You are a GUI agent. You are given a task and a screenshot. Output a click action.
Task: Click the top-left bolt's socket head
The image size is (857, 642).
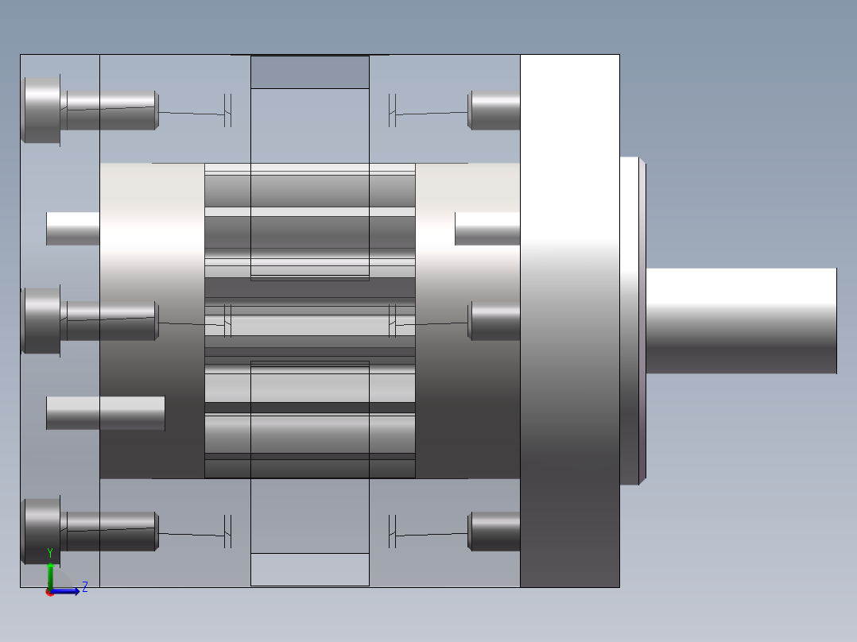click(41, 110)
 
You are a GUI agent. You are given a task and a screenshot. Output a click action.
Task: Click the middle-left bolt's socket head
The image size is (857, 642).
click(41, 320)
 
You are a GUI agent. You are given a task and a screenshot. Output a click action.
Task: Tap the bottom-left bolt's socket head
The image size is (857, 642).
click(41, 531)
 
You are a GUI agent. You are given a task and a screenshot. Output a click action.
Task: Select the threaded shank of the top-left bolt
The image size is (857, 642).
click(111, 110)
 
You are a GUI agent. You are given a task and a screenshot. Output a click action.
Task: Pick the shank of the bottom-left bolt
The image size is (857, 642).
click(111, 532)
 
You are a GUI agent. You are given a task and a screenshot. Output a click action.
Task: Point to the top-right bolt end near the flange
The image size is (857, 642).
click(494, 110)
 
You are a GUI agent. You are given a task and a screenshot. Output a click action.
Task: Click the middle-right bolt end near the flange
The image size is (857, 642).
click(494, 320)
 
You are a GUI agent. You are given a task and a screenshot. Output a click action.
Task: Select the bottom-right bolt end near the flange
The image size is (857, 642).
click(494, 531)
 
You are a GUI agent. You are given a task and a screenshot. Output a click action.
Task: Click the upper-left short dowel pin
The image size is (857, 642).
click(73, 229)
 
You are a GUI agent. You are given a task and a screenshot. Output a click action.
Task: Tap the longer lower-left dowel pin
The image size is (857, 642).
click(106, 413)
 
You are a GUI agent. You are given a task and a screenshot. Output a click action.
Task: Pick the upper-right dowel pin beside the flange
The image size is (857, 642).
click(487, 229)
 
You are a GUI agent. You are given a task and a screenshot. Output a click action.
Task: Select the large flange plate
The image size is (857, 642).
click(570, 320)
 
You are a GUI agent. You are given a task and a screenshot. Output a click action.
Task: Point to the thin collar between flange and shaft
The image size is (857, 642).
click(632, 320)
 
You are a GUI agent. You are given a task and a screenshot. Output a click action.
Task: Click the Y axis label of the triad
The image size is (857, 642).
click(50, 552)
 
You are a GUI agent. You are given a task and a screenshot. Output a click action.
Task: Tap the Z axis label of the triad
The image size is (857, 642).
click(84, 587)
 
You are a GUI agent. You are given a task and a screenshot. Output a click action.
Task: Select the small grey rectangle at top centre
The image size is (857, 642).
click(310, 72)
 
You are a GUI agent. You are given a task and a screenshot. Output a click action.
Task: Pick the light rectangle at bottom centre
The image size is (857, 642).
click(310, 570)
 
